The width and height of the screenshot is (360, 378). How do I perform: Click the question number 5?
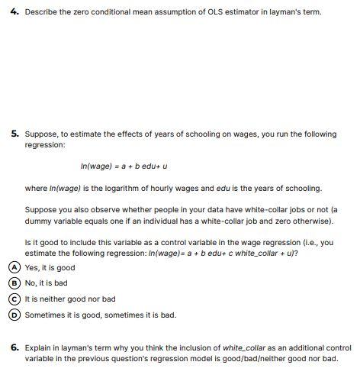[14, 134]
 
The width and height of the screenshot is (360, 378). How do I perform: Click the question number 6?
[14, 347]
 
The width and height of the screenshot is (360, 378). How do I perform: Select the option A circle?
[15, 268]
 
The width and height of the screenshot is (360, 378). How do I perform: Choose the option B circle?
[15, 283]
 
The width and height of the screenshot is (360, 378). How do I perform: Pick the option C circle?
[15, 299]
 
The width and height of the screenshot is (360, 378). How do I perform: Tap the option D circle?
[15, 314]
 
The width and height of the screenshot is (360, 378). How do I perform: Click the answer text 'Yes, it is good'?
[50, 268]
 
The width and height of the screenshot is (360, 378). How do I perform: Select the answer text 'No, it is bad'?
[47, 283]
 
